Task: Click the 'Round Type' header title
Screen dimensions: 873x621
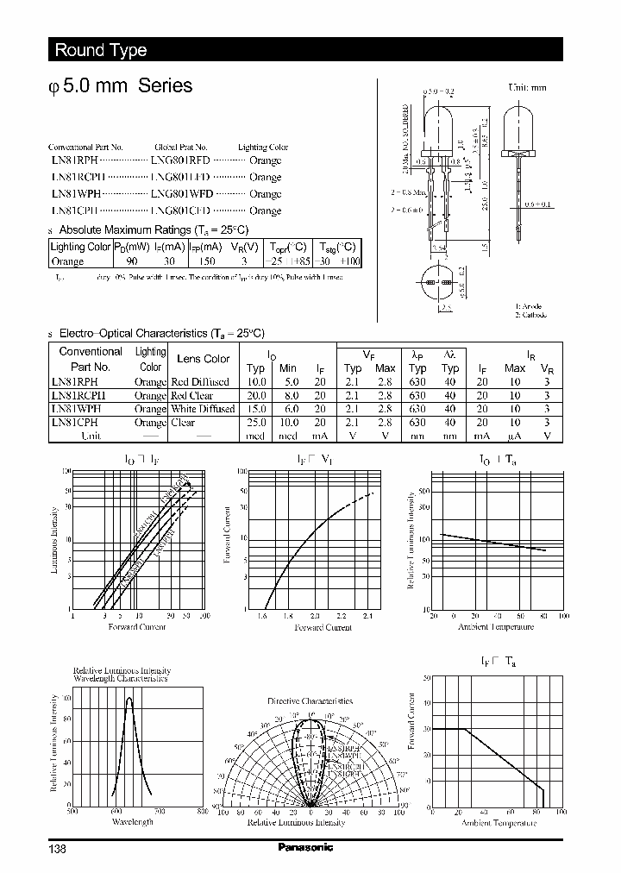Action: (101, 50)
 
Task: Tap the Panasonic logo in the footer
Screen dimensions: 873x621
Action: (305, 846)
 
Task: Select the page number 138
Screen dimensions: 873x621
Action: (57, 848)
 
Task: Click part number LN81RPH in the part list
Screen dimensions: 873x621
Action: (73, 160)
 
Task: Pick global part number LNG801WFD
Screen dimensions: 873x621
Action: (181, 193)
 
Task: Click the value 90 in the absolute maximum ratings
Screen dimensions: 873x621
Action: (132, 261)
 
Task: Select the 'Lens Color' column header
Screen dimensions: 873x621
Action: (203, 359)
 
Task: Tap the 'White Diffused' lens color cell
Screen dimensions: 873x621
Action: (203, 409)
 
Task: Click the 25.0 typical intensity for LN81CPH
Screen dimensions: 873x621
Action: (256, 423)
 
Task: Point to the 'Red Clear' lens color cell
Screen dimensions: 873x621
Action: (192, 395)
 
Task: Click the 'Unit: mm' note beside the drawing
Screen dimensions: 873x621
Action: (526, 87)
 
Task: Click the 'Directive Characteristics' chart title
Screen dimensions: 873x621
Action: (310, 701)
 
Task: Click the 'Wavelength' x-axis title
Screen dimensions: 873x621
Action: (133, 821)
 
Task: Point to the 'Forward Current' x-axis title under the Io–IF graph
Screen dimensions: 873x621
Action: (137, 626)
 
